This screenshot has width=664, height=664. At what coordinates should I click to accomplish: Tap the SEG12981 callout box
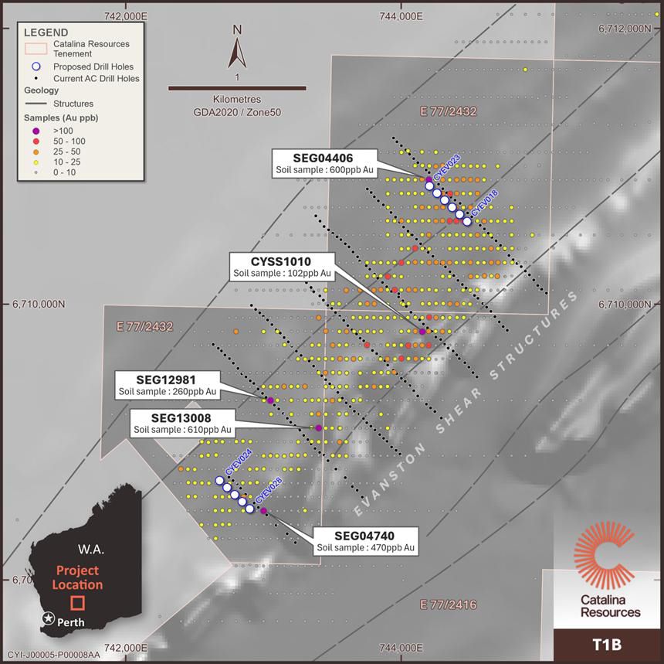point(167,385)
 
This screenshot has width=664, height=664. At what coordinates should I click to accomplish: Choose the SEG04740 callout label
point(365,541)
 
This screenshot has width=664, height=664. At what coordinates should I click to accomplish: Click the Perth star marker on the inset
point(48,619)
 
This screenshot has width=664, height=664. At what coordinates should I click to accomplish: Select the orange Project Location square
point(76,603)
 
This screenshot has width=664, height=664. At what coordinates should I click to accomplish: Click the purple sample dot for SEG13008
point(318,427)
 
